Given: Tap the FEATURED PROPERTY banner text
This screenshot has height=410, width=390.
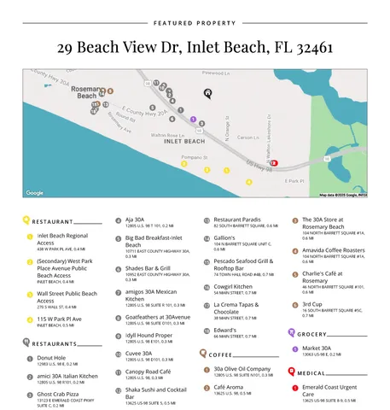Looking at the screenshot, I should coord(195,23).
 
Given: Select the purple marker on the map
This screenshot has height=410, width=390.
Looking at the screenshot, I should coord(194,120).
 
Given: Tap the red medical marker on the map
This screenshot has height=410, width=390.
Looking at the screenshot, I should coord(274,161).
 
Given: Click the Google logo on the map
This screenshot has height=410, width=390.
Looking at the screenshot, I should coord(35,193).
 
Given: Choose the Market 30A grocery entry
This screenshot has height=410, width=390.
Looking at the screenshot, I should coord(317,348).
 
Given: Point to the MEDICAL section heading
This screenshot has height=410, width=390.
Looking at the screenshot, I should coord(311,372).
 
